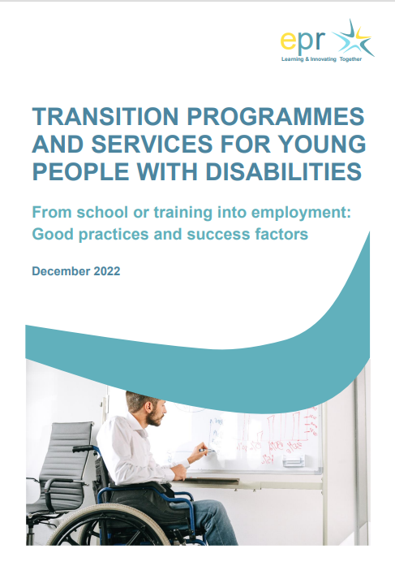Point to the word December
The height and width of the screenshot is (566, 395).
coord(60,271)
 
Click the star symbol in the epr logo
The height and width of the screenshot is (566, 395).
coord(354,40)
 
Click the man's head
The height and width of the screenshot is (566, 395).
coord(146,410)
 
